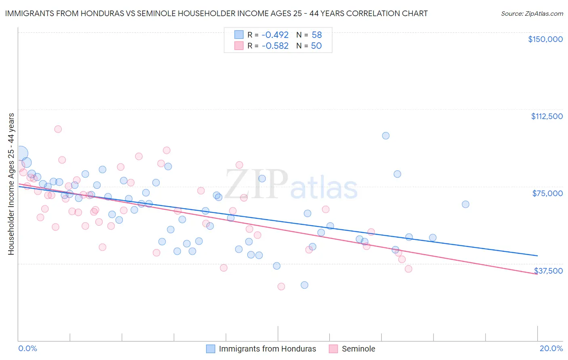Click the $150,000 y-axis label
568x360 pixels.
[x=545, y=39]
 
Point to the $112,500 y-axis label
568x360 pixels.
[x=547, y=116]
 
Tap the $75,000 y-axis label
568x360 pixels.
[x=547, y=193]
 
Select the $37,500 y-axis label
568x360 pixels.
[x=548, y=271]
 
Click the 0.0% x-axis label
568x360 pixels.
[x=27, y=348]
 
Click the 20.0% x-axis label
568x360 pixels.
[x=551, y=348]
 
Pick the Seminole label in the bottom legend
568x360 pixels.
[x=358, y=349]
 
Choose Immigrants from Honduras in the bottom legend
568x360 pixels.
[x=267, y=349]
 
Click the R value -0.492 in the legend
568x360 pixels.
[x=275, y=35]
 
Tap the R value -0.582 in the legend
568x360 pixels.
[x=275, y=46]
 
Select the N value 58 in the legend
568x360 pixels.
[x=317, y=35]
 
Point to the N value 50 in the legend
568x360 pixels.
[x=316, y=46]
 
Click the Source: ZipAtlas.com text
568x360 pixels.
[x=532, y=13]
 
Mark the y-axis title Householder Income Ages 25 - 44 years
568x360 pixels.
[x=11, y=184]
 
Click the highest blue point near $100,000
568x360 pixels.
[x=386, y=136]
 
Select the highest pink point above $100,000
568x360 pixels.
[x=58, y=129]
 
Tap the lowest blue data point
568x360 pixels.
[x=305, y=285]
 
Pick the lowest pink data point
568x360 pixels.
[x=281, y=287]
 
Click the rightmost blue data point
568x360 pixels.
[x=465, y=204]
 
